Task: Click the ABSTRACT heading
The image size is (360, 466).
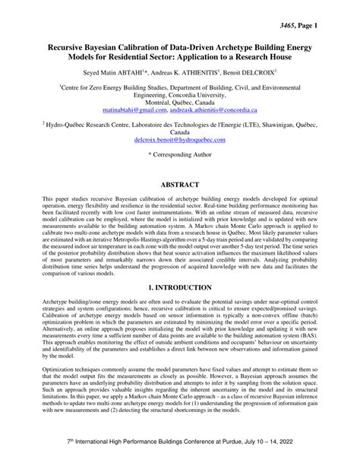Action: (179, 185)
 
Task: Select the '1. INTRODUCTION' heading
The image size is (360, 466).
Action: (179, 289)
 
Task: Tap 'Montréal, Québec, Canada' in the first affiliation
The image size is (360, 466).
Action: (179, 103)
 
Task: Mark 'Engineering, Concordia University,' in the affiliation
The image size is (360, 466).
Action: (179, 95)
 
